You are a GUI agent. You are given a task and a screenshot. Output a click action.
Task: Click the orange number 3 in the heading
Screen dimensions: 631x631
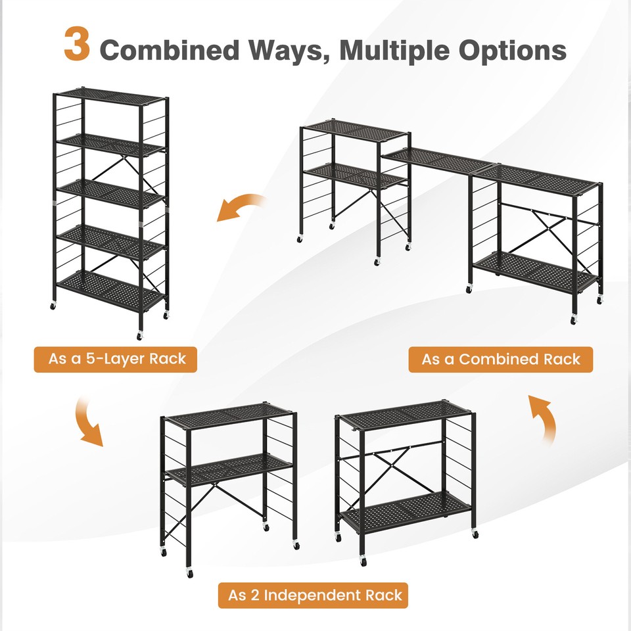click(x=77, y=44)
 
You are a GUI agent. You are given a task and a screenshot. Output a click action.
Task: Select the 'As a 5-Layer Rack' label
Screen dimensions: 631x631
click(x=116, y=360)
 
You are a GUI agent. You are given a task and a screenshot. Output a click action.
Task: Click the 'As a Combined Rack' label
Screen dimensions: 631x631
click(x=501, y=360)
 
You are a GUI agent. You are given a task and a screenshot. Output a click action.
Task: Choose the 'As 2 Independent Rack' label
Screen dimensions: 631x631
click(x=314, y=596)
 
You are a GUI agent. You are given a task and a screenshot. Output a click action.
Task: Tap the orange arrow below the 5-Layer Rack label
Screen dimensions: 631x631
click(x=88, y=421)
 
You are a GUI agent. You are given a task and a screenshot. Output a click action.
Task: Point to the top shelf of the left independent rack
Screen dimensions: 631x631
click(x=229, y=415)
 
